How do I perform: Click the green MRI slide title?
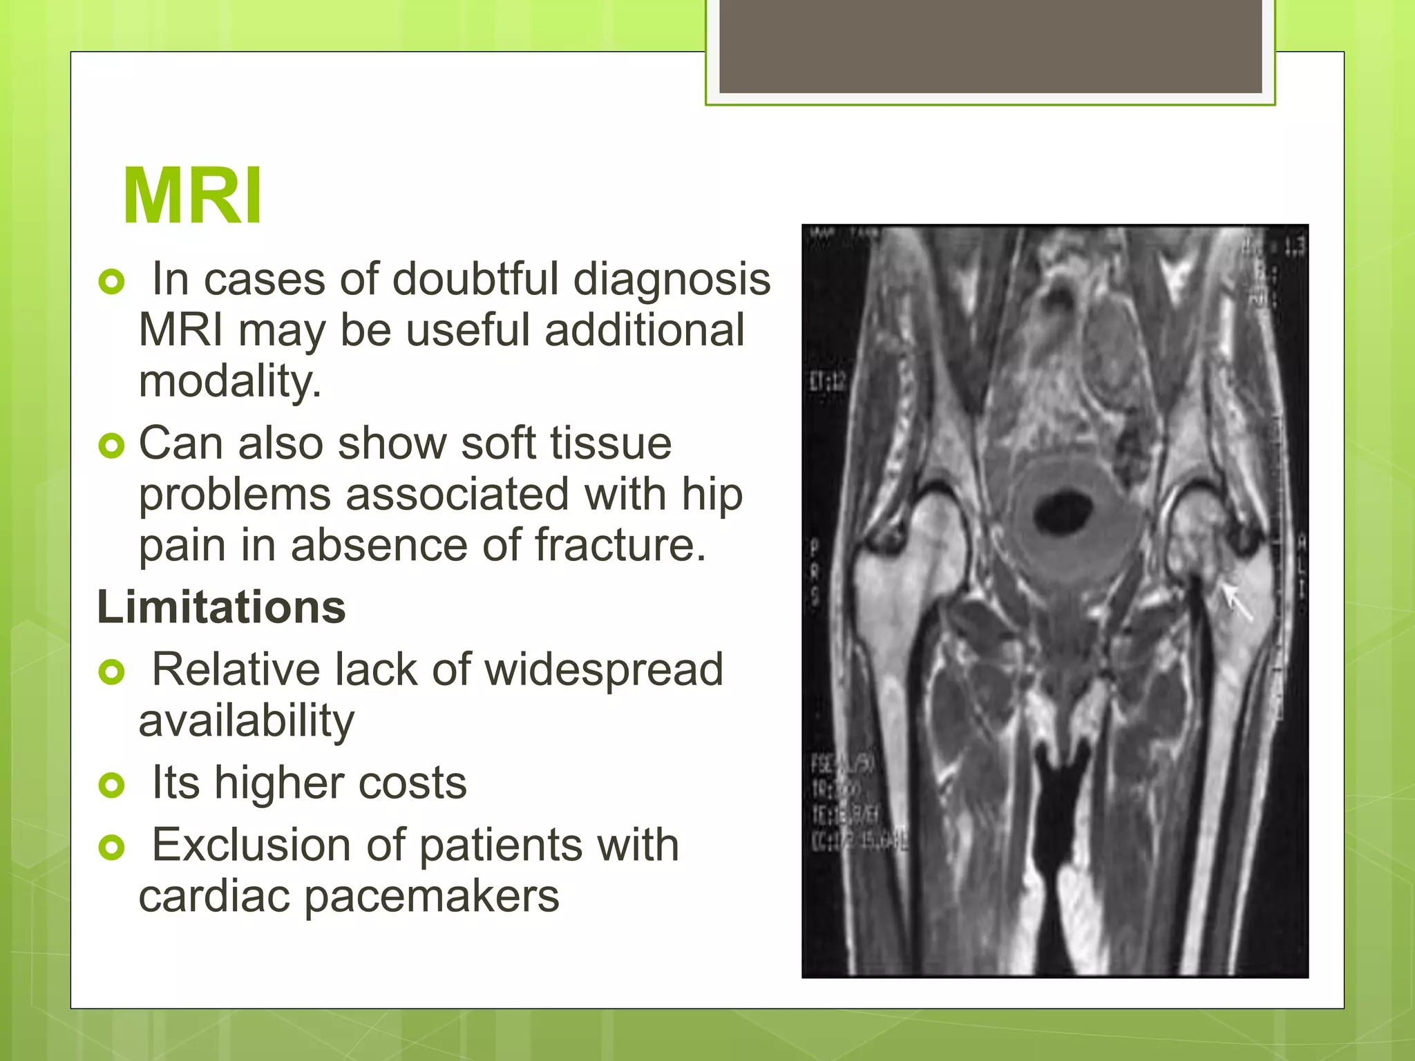click(192, 196)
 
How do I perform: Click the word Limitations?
click(221, 607)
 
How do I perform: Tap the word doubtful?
click(475, 279)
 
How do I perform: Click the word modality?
click(229, 382)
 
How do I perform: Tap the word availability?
click(246, 722)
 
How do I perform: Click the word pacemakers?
click(431, 897)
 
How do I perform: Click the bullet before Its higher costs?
click(111, 785)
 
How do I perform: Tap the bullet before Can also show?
click(111, 446)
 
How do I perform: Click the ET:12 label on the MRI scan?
click(828, 381)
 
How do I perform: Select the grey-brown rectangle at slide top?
click(990, 46)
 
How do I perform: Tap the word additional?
click(644, 331)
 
